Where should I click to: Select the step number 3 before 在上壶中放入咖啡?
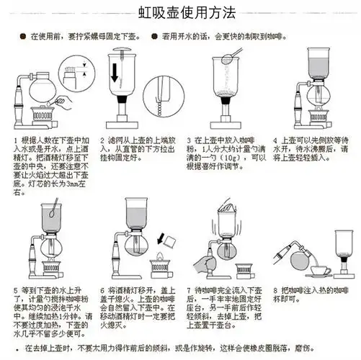[x=189, y=140]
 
